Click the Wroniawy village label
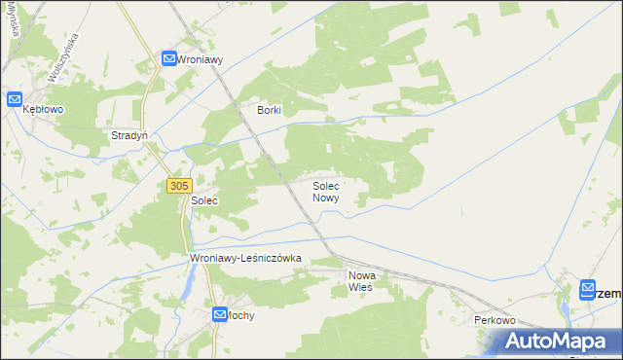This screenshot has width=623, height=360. pos(202,59)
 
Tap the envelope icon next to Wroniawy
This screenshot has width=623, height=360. pos(168,59)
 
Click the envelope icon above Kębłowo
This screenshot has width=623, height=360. pos(15,98)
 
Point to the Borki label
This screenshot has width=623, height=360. pos(269,110)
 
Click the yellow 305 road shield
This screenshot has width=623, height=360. pos(178,185)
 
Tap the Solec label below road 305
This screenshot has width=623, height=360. pos(203,199)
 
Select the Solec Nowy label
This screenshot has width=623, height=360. pos(325,191)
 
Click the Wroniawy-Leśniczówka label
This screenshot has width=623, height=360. pos(247,258)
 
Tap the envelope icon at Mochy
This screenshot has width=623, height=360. pos(221,314)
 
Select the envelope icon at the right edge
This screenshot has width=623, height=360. pos(587,288)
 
